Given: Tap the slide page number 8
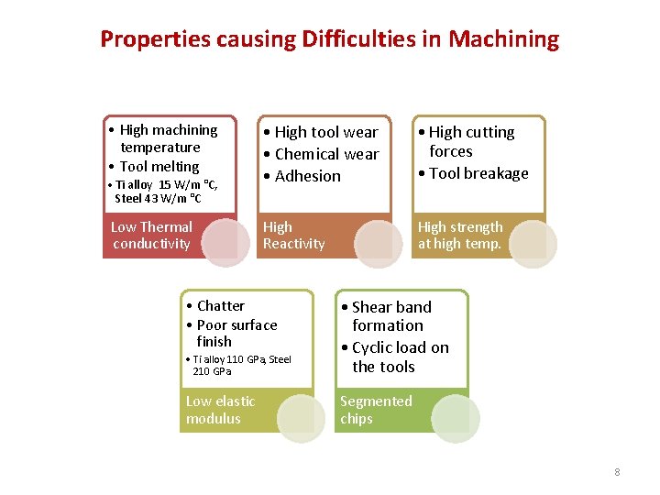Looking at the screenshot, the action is point(617,472).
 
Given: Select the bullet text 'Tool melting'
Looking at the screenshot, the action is point(159,166).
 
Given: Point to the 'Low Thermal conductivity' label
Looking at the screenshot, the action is point(151,236).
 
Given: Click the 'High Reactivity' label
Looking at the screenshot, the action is point(293,236).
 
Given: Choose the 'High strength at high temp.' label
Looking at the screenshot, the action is point(460,236).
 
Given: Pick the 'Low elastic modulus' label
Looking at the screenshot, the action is point(220,410).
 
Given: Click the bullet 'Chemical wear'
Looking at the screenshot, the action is point(326,154).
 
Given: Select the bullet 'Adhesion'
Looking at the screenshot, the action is point(307,176).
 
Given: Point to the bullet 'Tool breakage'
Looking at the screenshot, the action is point(478,173).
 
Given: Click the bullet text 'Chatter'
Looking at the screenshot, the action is point(220,305).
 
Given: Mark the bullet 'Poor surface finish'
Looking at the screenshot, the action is point(236,333).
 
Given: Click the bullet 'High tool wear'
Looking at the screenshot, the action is point(325,132).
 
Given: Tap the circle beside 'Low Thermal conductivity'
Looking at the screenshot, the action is point(225,241).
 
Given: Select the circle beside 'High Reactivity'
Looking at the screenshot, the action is point(379,241).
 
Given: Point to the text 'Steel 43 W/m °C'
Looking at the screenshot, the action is point(159,198).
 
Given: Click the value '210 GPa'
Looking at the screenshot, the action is point(212,371).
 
